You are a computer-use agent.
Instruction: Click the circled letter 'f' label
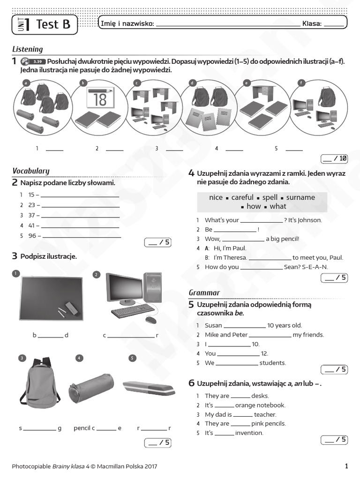(302, 83)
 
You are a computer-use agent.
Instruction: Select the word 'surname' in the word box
(300, 197)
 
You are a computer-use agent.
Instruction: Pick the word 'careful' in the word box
(242, 197)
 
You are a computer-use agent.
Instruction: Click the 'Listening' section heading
(27, 49)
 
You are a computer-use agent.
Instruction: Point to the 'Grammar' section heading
(204, 292)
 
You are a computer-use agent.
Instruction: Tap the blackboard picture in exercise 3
(51, 299)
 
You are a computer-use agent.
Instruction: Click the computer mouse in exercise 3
(150, 320)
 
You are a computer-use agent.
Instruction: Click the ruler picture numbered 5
(149, 387)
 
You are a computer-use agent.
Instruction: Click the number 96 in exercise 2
(32, 236)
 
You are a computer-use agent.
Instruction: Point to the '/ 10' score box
(334, 158)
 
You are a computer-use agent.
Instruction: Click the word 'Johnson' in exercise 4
(309, 220)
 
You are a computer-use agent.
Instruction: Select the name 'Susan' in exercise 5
(213, 325)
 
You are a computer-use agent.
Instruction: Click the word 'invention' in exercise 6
(249, 433)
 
